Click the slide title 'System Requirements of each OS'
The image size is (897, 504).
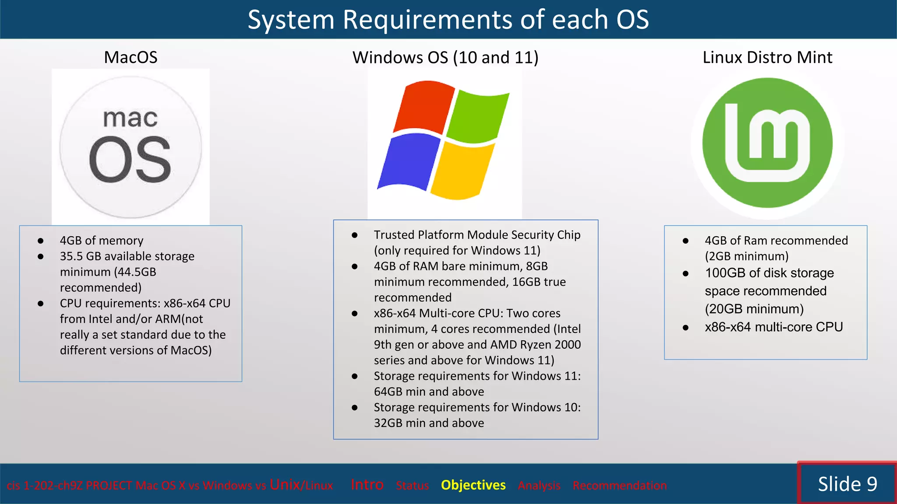tap(448, 20)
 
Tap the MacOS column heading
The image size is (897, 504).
tap(131, 57)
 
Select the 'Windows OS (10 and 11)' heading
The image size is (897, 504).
tap(445, 57)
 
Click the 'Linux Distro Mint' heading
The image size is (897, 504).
tap(767, 57)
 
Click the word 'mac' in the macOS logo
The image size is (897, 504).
tap(130, 118)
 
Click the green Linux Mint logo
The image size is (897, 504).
tap(767, 143)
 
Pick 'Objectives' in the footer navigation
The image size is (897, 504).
tap(473, 485)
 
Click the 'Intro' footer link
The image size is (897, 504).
tap(367, 485)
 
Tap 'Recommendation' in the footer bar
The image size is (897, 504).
tap(619, 486)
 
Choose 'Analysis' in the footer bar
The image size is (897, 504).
tap(539, 486)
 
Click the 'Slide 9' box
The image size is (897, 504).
tap(847, 484)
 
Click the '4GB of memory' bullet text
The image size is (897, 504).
tap(102, 241)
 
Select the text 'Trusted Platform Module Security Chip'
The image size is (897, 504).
tap(477, 235)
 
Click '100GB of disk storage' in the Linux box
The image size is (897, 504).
tap(769, 273)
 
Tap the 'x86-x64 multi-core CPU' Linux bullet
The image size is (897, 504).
tap(773, 327)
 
